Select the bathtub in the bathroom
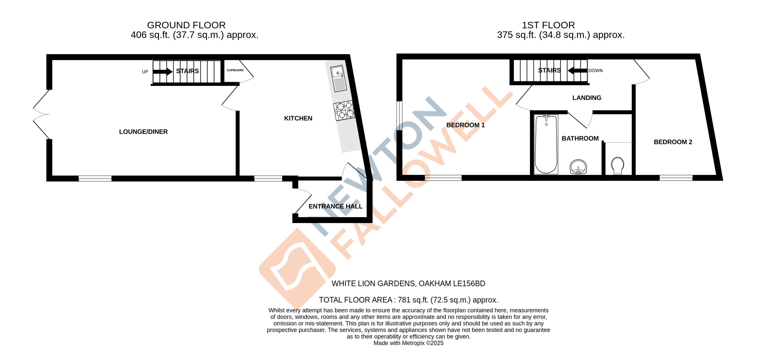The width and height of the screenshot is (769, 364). pos(546,144)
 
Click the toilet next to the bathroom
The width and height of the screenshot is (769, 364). pos(617,165)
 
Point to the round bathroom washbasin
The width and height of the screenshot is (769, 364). pos(578,166)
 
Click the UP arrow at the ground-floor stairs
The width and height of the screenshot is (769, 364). pos(162,71)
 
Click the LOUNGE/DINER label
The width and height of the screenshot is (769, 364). pos(143,132)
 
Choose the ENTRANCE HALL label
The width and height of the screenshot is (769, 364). pos(335,206)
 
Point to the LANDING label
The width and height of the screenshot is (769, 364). pos(587,98)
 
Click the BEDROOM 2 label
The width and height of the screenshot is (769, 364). pos(673,142)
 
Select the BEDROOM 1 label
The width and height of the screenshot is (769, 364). pos(465,125)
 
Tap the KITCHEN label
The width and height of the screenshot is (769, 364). pos(298,118)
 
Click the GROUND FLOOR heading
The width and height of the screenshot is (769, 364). pos(186,25)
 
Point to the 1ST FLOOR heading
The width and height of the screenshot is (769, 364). pos(548,25)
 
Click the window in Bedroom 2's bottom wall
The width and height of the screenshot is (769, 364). pos(676,178)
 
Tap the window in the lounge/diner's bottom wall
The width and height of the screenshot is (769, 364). pos(95,178)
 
